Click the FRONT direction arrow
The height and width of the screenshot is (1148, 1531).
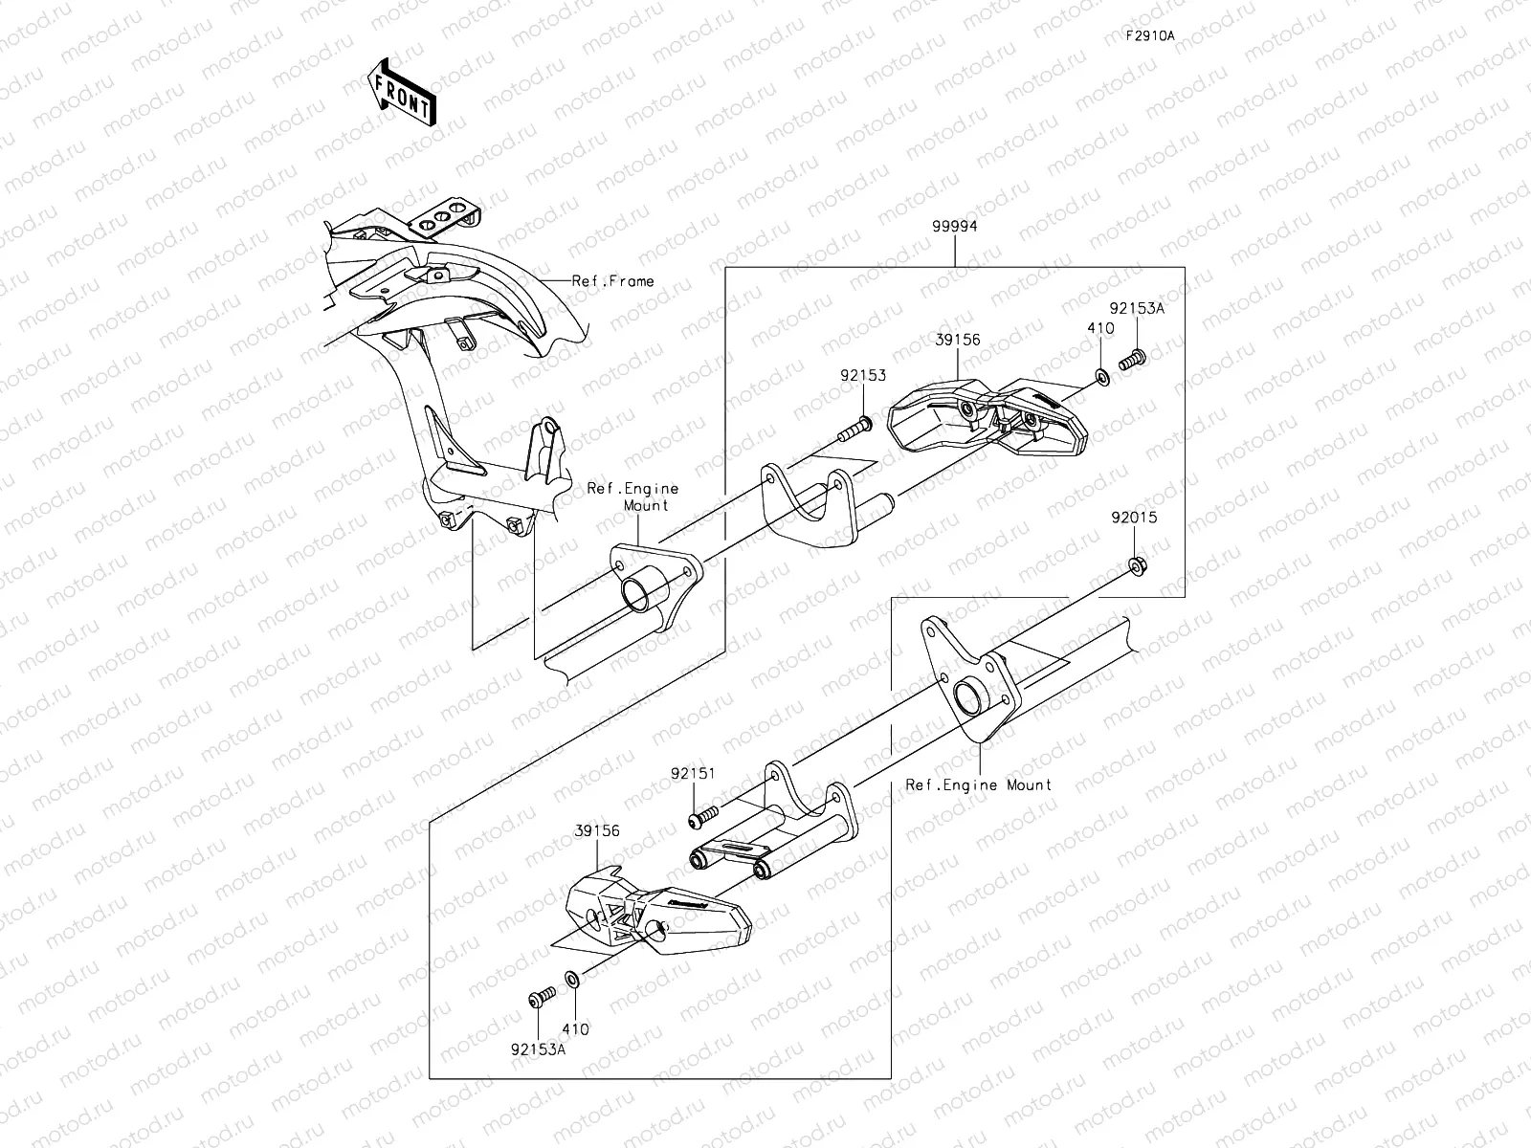(400, 93)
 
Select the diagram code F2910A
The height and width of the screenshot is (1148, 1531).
(1149, 35)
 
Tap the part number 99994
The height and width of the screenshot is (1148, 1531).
(954, 227)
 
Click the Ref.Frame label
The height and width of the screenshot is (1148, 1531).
(612, 280)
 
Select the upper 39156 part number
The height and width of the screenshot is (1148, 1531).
(958, 340)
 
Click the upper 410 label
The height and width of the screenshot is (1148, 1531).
(1100, 328)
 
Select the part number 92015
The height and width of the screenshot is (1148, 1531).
(1134, 518)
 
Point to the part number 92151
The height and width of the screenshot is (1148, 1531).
(693, 773)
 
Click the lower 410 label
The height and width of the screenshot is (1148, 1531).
(575, 1029)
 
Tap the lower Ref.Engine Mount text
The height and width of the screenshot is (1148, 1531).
(979, 784)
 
